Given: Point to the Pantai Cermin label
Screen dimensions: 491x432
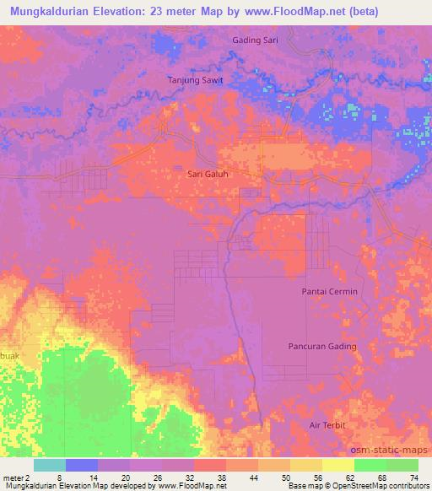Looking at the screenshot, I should [x=330, y=291].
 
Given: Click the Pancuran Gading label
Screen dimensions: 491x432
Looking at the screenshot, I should [x=322, y=346].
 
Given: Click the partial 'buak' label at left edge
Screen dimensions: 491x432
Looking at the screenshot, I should [x=8, y=355].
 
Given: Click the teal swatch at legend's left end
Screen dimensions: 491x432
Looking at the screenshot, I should [x=50, y=465].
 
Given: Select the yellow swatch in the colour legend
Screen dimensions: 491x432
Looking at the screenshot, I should [x=337, y=465].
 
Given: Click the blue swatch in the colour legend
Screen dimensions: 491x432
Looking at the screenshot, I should [x=82, y=465].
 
